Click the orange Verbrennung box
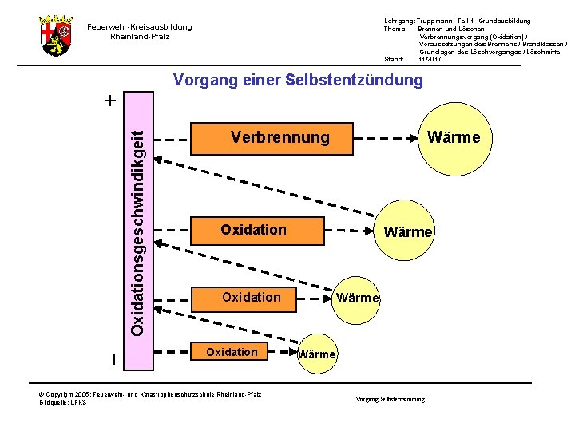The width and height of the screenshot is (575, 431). point(273,137)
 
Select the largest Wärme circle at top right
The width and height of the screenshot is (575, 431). point(454,137)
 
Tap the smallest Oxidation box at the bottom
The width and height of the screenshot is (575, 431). point(231,352)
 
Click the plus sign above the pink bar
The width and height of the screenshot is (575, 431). point(110,101)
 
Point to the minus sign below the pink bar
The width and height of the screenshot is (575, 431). point(114,359)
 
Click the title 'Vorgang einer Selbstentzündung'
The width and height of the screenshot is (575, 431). point(299,80)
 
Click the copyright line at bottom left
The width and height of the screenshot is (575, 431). point(150,394)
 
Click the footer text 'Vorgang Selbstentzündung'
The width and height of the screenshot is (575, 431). point(391,399)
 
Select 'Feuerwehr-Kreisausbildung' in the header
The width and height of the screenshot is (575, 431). point(139,27)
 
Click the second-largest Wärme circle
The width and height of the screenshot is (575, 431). point(407,232)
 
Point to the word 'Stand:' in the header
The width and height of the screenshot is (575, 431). point(394,60)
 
